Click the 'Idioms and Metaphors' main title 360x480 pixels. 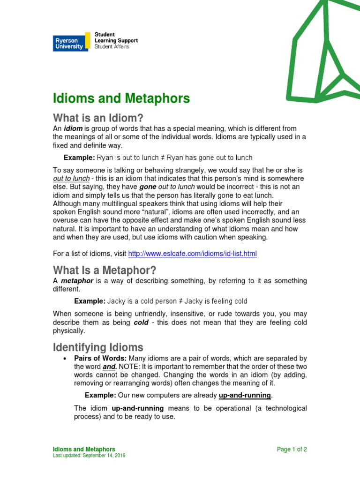point(121,98)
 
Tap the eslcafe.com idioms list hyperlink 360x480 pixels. point(192,254)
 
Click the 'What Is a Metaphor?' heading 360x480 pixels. point(104,270)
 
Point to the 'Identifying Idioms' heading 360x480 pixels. point(98,347)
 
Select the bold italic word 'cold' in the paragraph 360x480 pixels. point(142,323)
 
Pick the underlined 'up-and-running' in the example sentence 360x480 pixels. point(245,395)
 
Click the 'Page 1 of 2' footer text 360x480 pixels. point(292,449)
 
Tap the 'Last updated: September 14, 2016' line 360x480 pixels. point(89,456)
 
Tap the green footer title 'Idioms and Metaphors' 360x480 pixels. point(83,449)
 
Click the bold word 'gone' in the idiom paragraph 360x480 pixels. point(147,187)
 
